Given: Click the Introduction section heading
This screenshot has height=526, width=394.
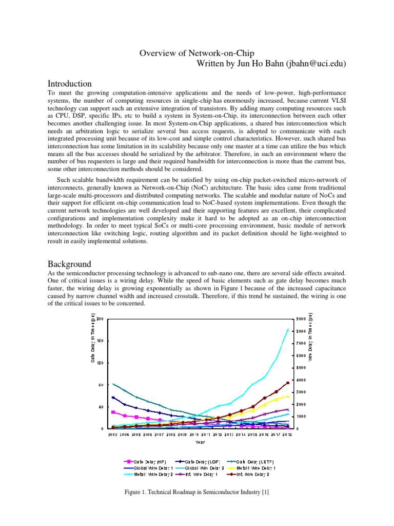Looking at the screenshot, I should click(70, 83).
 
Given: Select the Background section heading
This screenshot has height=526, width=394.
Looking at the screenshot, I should click(69, 264).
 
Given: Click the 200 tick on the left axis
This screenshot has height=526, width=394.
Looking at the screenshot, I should click(101, 319).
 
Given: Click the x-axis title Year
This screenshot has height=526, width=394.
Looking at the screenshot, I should click(201, 441).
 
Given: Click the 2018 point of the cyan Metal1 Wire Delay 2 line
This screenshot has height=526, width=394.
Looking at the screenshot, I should click(288, 330).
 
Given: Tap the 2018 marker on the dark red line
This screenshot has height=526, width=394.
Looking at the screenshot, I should click(288, 383).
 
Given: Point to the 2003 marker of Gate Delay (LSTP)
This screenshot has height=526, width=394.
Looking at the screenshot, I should click(113, 384).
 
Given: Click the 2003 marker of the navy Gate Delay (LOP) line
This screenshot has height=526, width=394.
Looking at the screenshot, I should click(113, 397).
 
